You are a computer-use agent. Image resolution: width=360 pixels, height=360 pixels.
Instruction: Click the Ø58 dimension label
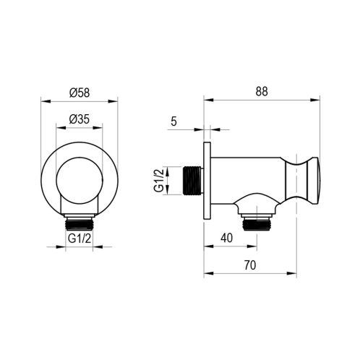pos(80,93)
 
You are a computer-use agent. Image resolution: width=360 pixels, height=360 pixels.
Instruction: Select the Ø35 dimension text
pos(80,119)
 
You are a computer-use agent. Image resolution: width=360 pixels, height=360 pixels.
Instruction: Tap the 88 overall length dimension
pos(261,92)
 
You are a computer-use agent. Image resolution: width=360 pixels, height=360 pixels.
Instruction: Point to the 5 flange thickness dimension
pos(173,121)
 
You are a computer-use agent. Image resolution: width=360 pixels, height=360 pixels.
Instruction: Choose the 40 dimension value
pos(227,238)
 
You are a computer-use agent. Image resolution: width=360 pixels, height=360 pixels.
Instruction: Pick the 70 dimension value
pos(250,265)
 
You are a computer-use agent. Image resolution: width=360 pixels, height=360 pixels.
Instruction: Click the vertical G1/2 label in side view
pos(159,180)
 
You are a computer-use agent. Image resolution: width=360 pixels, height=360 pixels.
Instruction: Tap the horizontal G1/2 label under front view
pos(80,239)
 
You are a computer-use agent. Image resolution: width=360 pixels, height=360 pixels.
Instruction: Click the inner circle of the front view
pos(80,181)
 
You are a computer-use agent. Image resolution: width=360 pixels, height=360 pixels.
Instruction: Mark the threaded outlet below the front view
pos(80,221)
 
